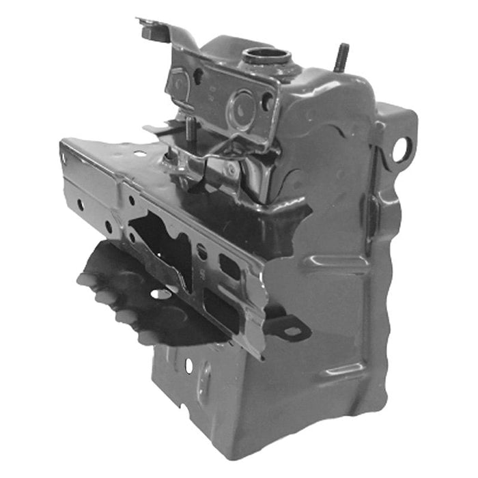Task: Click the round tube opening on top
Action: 266,55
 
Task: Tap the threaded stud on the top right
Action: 341,57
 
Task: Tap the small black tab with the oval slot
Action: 290,329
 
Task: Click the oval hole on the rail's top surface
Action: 139,154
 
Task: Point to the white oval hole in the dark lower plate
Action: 161,294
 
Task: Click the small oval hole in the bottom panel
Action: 188,366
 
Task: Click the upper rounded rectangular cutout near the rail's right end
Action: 231,266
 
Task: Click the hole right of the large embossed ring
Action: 268,102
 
